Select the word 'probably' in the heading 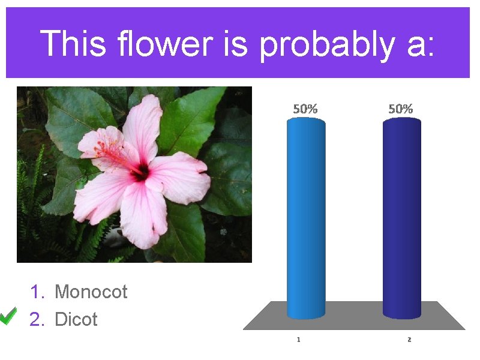pos(328,46)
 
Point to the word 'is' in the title pos(235,44)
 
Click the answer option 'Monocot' pos(91,292)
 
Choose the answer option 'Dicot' pos(76,319)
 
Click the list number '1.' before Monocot pos(37,292)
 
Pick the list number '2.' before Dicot pos(37,319)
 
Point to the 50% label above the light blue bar pos(305,109)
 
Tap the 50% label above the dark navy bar pos(400,109)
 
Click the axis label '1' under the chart pos(299,340)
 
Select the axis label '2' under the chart pos(409,340)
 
